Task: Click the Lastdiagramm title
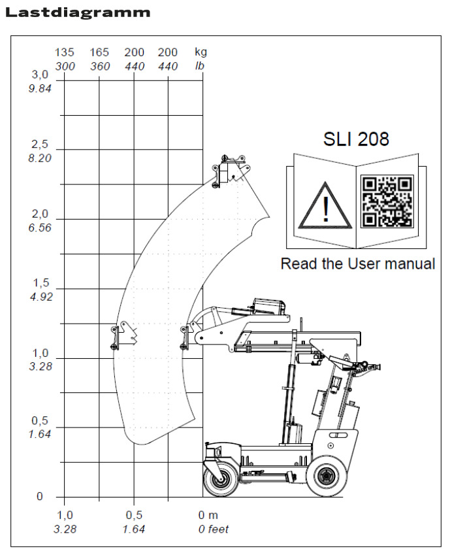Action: pos(77,12)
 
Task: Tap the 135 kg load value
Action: pos(64,52)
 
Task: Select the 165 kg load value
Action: pos(99,52)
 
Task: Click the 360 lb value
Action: pos(99,66)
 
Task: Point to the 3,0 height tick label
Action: pos(40,75)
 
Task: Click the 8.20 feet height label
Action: pos(40,158)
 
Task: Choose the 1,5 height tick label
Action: pos(40,283)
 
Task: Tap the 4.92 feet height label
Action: pos(40,297)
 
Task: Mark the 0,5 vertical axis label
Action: pos(40,420)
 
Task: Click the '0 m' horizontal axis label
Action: pos(208,516)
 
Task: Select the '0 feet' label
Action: pos(214,530)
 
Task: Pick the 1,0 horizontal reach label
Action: pos(64,516)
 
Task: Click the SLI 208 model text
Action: pos(356,139)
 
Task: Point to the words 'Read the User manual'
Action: pos(357,264)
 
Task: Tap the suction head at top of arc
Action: pos(230,171)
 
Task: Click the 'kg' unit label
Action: pos(201,52)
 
